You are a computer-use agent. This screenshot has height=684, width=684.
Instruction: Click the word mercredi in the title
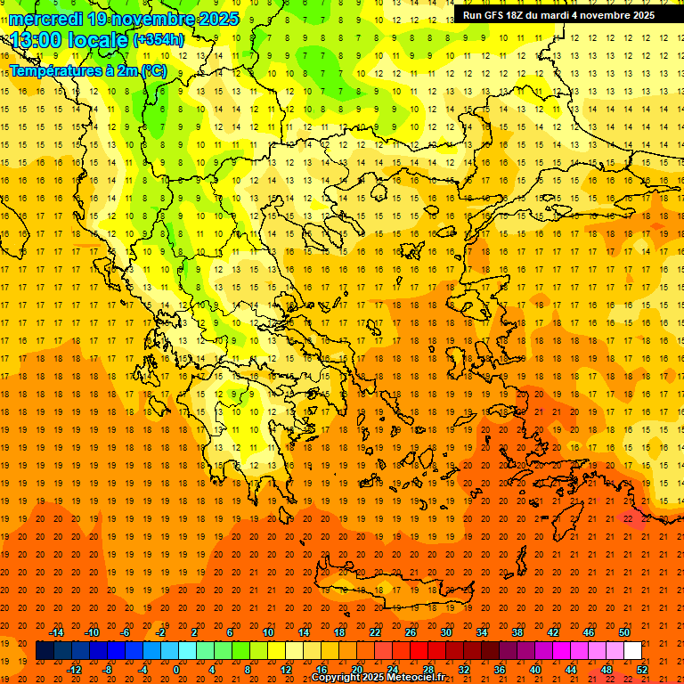click(47, 19)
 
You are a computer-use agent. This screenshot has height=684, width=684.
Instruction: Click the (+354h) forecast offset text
click(159, 39)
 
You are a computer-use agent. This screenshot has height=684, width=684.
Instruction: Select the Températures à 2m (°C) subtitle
click(87, 70)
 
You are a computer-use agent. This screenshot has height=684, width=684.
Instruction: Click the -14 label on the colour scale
click(57, 632)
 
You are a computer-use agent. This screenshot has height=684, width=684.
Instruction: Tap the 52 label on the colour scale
click(642, 670)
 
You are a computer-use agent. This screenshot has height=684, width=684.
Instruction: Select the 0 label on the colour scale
click(175, 670)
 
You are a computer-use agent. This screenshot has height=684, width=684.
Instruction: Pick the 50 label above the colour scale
click(623, 632)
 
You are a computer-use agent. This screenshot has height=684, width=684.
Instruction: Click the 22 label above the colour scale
click(375, 632)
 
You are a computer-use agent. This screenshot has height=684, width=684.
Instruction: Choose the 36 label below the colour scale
click(499, 670)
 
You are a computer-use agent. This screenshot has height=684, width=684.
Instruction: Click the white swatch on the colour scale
click(632, 651)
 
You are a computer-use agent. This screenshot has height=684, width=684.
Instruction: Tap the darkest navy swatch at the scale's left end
click(45, 651)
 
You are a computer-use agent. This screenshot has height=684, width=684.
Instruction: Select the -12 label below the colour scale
click(75, 670)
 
